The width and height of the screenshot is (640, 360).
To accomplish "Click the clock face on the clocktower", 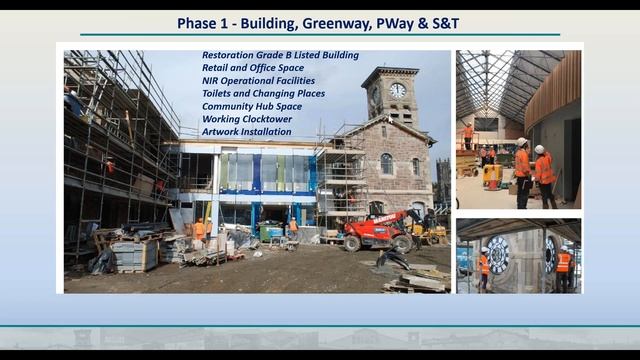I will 397,90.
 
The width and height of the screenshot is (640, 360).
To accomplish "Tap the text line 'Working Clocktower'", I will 245,119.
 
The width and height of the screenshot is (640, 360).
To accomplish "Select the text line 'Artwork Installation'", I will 247,132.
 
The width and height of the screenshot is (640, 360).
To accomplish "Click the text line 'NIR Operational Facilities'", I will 258,81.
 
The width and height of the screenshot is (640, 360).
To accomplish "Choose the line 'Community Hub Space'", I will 251,106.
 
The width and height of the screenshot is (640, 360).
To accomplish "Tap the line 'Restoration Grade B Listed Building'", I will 280,55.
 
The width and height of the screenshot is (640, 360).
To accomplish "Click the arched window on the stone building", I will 386,163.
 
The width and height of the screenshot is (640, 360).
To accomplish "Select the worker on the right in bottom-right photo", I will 563,269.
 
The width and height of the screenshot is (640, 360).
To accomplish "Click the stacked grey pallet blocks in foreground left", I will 135,255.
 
